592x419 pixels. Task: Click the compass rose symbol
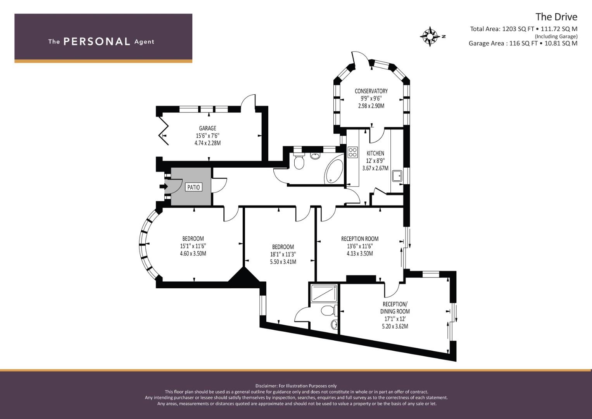(430, 36)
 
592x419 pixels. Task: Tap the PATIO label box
(193, 187)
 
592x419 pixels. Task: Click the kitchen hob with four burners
(353, 152)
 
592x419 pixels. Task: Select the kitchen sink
(397, 176)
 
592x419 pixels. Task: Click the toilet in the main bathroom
(299, 161)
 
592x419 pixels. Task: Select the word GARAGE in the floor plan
(207, 128)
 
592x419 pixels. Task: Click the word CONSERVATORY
(371, 91)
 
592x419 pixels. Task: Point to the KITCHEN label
(375, 153)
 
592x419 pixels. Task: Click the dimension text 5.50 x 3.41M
(283, 262)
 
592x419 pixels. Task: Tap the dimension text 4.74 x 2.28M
(207, 143)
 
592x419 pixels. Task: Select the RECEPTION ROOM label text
(360, 239)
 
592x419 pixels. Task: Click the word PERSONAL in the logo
(97, 42)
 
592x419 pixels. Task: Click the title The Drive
(556, 17)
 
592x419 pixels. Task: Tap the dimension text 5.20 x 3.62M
(395, 326)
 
